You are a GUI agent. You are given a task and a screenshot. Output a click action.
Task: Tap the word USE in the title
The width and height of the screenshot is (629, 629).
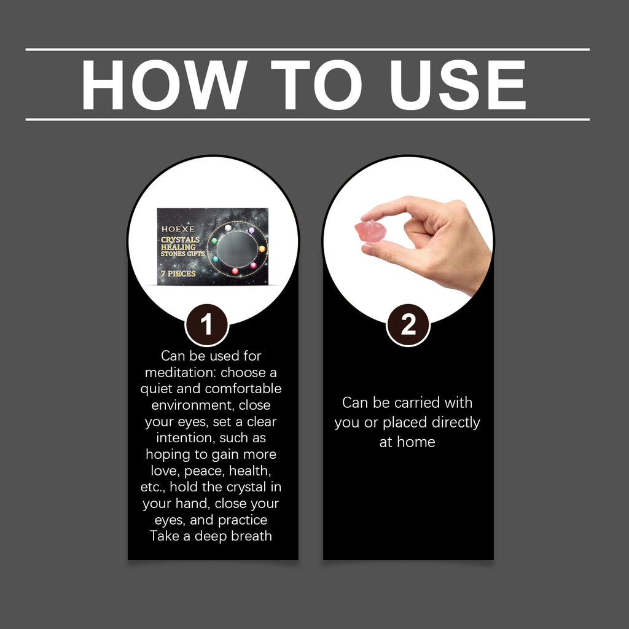click(x=457, y=85)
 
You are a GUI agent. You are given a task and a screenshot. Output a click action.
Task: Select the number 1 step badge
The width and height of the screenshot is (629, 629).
click(x=206, y=324)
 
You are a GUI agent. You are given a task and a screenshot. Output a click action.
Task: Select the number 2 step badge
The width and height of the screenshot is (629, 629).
click(x=408, y=324)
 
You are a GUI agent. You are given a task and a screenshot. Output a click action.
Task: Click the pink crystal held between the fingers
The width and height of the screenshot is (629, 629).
click(x=370, y=232)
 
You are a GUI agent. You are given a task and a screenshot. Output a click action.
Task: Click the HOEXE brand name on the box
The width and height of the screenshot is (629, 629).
click(x=178, y=229)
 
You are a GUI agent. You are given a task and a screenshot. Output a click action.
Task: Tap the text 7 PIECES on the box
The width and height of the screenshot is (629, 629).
click(x=178, y=273)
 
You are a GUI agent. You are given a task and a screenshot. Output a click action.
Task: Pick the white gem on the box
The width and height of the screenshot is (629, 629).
click(x=228, y=228)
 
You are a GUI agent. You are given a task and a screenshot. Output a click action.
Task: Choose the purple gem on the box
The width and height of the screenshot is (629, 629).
click(x=251, y=231)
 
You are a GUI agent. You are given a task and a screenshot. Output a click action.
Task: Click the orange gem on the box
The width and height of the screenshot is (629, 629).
click(x=262, y=249)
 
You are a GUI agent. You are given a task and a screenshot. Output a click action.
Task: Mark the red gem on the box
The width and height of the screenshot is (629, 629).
click(x=235, y=271)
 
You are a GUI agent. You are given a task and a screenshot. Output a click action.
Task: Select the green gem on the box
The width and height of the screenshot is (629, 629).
click(x=214, y=241)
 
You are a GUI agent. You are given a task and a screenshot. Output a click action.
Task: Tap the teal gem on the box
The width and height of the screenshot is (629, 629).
click(x=216, y=260)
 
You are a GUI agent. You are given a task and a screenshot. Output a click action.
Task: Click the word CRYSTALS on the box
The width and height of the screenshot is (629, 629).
click(x=180, y=240)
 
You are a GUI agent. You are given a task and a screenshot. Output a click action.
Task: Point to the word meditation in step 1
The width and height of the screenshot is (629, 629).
click(x=180, y=372)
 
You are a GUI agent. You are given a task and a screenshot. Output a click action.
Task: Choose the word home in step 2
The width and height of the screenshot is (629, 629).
click(x=416, y=442)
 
